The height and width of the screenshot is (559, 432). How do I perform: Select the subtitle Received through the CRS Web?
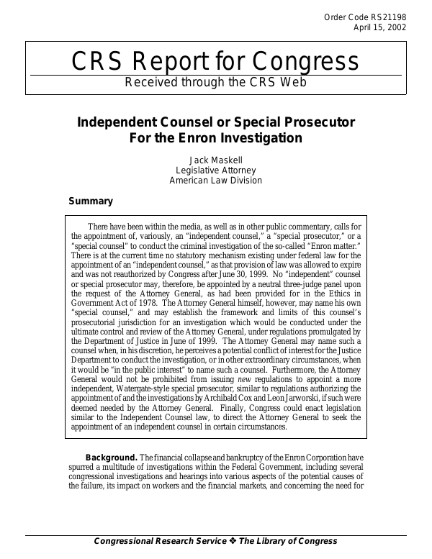click(x=216, y=81)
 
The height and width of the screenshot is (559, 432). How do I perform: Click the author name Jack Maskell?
click(x=216, y=160)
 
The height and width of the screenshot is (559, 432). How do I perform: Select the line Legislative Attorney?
click(x=216, y=171)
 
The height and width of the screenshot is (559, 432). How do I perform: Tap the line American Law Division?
click(x=216, y=181)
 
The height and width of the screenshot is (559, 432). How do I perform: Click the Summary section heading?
click(x=90, y=201)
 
